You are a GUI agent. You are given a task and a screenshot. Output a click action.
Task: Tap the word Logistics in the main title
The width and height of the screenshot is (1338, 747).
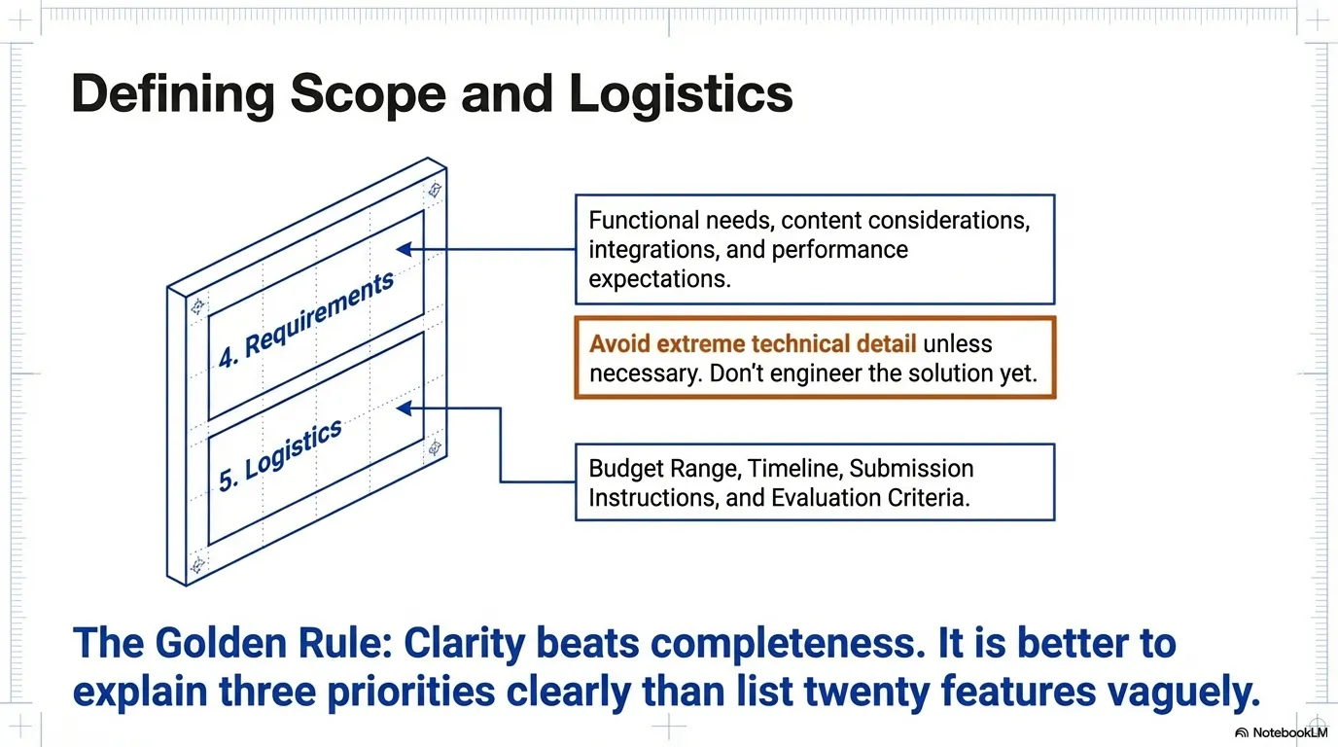681,94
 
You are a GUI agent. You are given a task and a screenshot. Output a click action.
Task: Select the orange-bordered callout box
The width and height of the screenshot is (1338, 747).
815,357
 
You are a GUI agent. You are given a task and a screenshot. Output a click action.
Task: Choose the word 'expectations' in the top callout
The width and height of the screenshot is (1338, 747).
659,278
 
